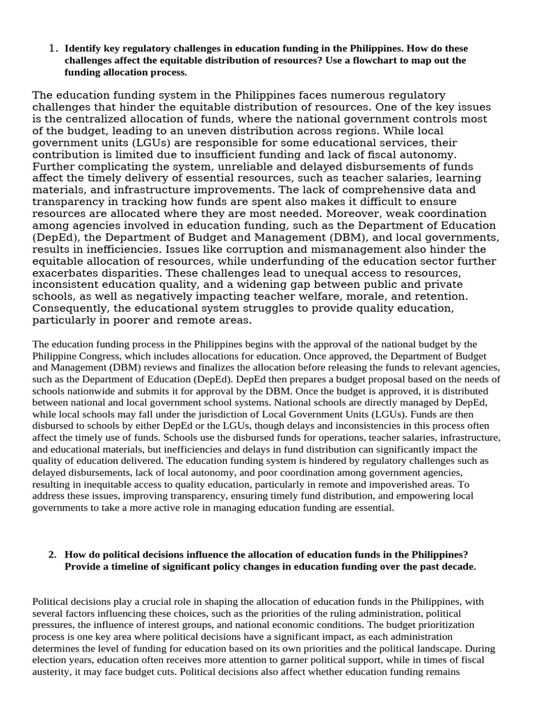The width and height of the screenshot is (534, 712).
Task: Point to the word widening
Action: point(288,284)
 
